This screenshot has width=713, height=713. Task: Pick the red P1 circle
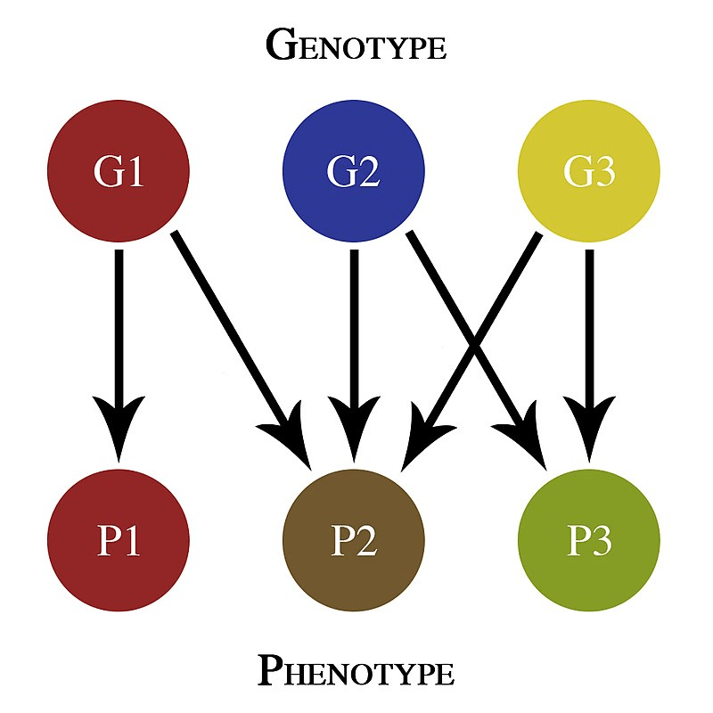click(x=119, y=540)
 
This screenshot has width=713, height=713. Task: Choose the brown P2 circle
click(x=354, y=540)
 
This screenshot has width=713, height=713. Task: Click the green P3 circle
click(x=589, y=540)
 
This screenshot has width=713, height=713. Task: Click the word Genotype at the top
click(x=356, y=45)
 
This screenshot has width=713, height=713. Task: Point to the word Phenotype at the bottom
click(x=356, y=670)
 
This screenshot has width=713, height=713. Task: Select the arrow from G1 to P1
click(x=119, y=339)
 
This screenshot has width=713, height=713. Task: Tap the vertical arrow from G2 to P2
click(x=354, y=339)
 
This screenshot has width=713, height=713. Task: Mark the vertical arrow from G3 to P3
click(x=589, y=339)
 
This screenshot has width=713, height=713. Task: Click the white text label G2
click(x=354, y=171)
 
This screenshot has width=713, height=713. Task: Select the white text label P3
click(x=589, y=541)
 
